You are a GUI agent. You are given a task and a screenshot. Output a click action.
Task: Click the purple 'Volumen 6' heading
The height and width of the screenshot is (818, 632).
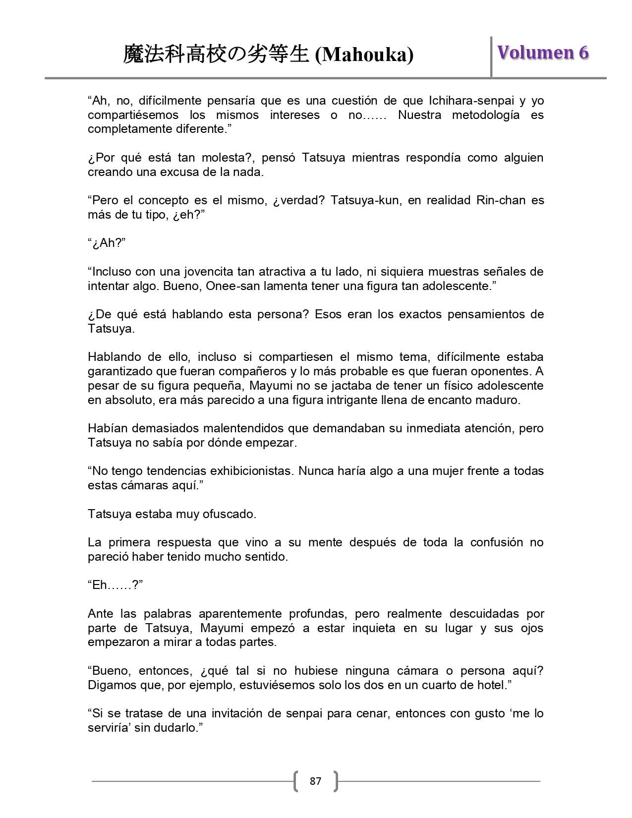point(543,53)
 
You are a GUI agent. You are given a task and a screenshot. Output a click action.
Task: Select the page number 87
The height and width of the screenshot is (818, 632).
point(315,781)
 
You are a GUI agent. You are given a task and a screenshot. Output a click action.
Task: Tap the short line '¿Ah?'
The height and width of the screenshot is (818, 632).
point(107,243)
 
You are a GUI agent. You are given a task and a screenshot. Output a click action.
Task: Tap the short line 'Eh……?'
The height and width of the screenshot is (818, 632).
point(115,585)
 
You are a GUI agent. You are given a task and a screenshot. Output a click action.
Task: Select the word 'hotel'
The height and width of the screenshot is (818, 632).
point(493,685)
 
